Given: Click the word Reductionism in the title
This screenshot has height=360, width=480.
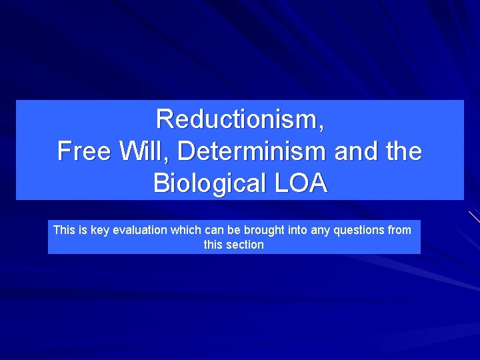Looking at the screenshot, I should tap(239, 119).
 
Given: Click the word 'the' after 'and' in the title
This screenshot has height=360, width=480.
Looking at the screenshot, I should tap(403, 151).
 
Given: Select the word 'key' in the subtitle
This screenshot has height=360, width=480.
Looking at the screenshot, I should tap(100, 231).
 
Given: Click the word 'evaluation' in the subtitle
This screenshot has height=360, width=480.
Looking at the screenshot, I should tap(140, 231).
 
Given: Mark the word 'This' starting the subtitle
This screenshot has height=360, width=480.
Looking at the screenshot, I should tap(64, 231).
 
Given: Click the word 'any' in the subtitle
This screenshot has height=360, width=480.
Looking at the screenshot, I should tap(320, 231).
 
